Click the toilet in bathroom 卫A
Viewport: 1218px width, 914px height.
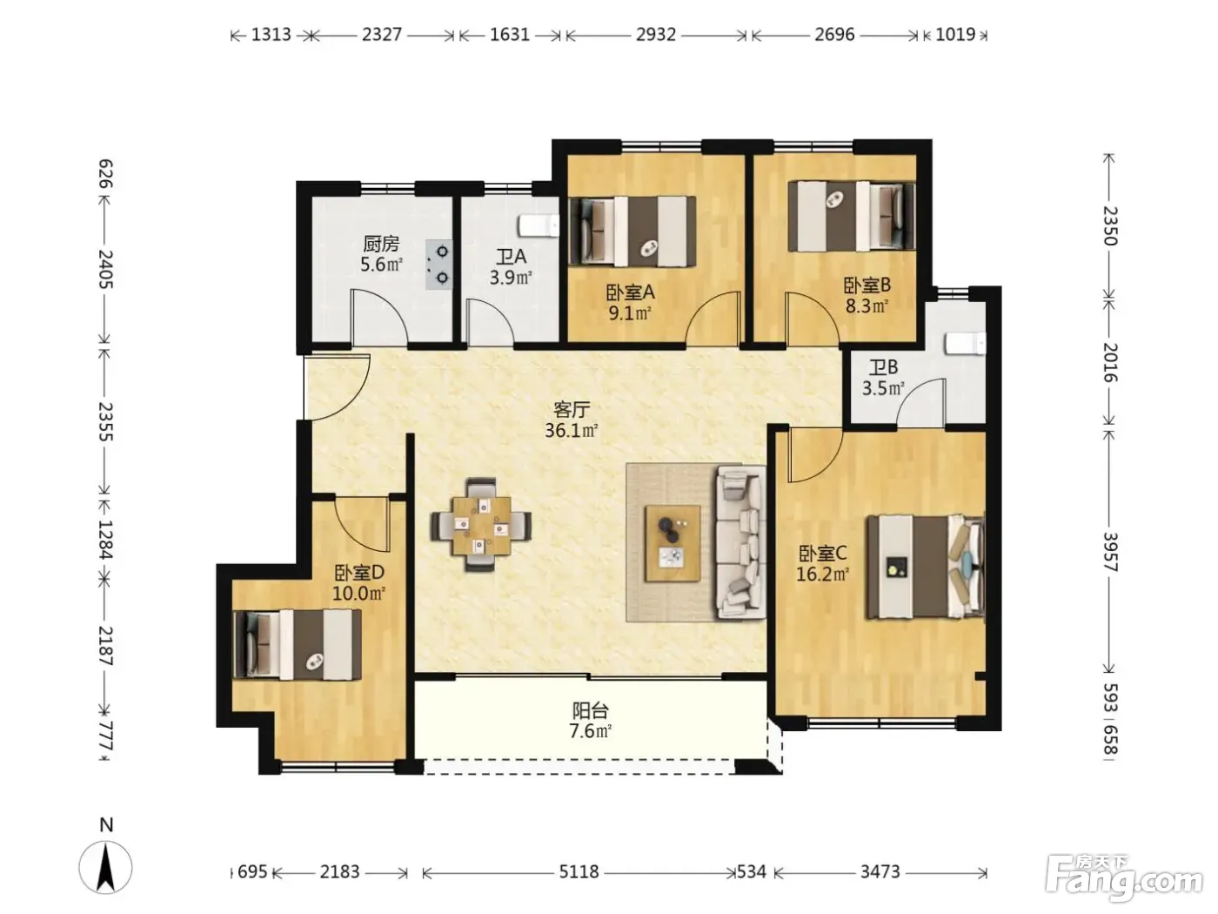539,225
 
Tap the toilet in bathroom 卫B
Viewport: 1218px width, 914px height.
965,344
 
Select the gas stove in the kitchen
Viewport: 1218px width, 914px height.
438,265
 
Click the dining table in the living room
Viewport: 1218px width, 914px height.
481,525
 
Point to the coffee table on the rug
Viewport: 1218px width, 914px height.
672,542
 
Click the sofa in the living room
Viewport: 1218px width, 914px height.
740,541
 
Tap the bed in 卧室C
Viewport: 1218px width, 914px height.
925,567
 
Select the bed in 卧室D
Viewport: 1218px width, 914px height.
297,644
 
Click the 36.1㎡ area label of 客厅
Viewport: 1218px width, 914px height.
571,430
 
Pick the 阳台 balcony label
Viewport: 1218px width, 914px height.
591,710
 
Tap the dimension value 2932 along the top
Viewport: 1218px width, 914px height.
656,35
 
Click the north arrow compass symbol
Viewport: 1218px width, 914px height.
105,867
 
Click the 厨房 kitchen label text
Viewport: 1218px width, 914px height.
381,244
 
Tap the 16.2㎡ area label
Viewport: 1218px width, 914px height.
822,574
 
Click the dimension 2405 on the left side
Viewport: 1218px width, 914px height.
105,269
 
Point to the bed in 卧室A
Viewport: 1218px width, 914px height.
632,231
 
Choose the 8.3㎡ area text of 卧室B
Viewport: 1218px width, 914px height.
867,306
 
